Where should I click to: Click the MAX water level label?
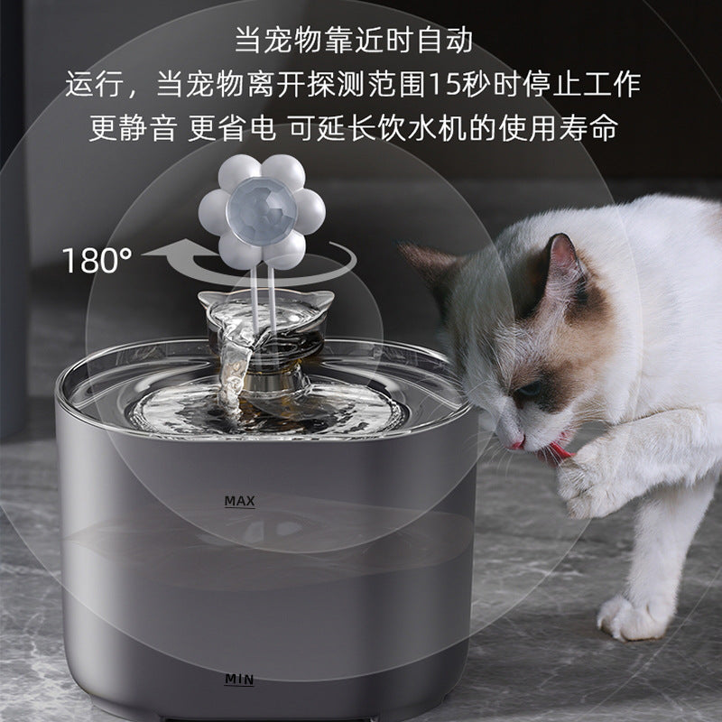[x=240, y=500]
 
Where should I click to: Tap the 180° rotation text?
[x=97, y=261]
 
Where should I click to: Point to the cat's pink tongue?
[x=518, y=442]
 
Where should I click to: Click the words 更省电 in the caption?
[x=232, y=127]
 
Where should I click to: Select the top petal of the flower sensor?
[x=262, y=170]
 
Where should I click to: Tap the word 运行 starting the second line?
[x=91, y=84]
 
